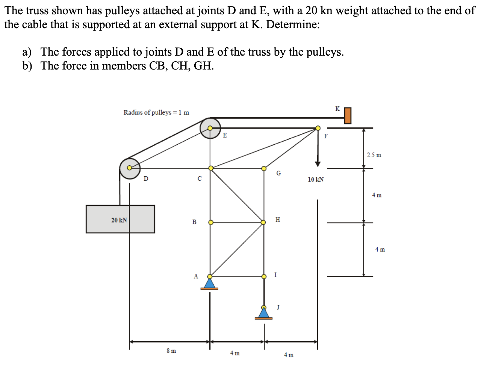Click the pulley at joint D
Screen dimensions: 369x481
130,168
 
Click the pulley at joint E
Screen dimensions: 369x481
210,128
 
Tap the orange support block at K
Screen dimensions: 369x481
348,115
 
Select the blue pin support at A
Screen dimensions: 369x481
210,283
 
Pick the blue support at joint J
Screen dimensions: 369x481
264,313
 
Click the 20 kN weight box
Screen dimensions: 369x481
120,219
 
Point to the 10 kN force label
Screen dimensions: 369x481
316,180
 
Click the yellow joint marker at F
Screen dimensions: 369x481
318,128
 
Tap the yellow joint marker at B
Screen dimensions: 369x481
211,222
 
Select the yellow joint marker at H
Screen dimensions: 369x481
263,222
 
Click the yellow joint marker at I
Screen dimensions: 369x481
264,276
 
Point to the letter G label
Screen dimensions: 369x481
278,173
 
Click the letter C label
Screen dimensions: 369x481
200,178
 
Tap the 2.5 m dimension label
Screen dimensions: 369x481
374,155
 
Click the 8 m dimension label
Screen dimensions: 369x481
171,351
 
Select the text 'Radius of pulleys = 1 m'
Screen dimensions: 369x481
156,112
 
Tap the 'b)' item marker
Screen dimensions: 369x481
27,66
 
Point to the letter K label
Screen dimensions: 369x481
337,109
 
